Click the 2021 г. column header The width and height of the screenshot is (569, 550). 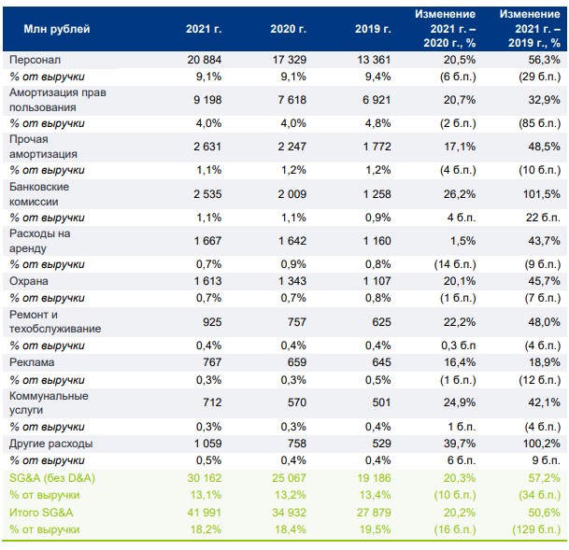204,30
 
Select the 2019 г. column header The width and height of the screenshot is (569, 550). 373,30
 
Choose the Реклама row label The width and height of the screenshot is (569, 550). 30,362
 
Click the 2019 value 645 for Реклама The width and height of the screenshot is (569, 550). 377,362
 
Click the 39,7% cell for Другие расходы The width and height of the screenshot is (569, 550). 456,444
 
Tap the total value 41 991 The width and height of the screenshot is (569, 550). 204,512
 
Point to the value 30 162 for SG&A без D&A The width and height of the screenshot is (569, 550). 204,477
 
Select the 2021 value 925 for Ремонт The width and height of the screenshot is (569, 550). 211,320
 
